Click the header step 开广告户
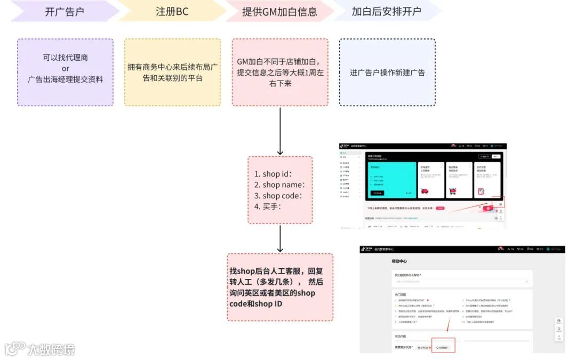(65, 12)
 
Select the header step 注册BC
(172, 12)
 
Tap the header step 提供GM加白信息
(279, 12)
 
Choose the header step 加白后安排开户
(386, 12)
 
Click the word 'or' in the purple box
(66, 68)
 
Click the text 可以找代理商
(66, 58)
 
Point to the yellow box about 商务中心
(172, 73)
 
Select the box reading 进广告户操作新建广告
(387, 73)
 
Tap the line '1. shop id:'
(274, 174)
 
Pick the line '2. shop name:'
(279, 185)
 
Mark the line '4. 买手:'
(268, 206)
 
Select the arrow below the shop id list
(280, 238)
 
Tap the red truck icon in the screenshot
(426, 191)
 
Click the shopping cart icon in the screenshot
(453, 191)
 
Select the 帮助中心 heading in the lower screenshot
(399, 261)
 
